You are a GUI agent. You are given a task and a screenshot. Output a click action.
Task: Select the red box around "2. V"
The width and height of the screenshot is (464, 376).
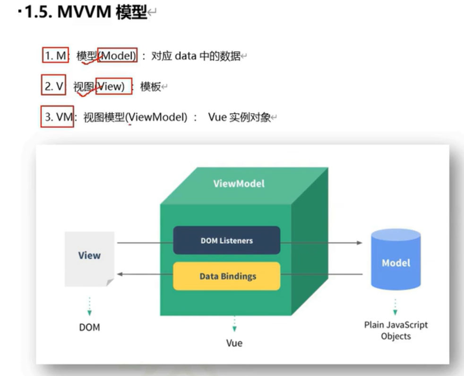53,86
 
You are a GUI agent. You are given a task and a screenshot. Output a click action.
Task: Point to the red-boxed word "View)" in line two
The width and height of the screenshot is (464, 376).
113,86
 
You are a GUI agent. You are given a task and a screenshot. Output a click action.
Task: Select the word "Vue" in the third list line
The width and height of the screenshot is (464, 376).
217,117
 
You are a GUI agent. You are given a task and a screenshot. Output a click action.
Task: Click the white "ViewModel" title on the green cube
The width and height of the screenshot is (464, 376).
239,184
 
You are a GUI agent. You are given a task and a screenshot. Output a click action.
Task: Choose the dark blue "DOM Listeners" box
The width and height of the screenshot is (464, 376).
226,240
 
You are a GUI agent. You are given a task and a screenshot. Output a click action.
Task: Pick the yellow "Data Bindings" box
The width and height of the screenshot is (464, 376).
227,276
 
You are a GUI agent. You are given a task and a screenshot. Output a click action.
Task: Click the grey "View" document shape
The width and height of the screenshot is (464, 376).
89,258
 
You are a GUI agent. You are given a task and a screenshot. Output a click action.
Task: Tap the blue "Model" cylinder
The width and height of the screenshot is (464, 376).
396,260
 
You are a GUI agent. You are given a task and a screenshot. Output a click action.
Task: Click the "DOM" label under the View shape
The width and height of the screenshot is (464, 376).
89,327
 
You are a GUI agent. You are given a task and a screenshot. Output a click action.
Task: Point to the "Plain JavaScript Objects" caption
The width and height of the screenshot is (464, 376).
395,331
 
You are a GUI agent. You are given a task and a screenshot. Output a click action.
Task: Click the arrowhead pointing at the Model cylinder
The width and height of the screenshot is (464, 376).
359,243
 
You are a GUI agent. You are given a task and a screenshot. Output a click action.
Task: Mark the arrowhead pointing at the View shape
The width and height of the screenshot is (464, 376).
120,274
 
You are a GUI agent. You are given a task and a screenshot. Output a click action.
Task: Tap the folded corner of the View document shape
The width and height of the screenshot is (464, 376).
110,282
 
